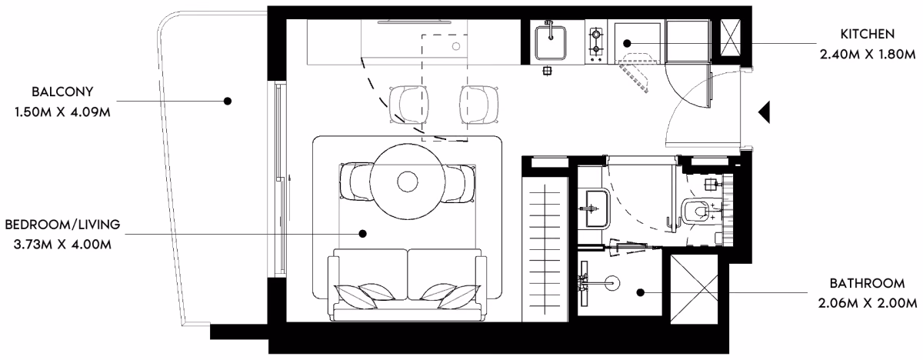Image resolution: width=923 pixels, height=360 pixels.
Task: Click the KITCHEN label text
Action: [x=868, y=34]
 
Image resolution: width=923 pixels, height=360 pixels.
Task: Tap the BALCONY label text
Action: [x=62, y=92]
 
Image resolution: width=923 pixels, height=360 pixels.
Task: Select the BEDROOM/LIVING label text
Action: [x=62, y=225]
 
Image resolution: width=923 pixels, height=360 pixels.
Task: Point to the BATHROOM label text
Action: [x=868, y=284]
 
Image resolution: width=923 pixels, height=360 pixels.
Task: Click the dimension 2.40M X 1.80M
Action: [x=868, y=55]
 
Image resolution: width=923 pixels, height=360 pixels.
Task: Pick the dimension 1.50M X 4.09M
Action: [x=62, y=112]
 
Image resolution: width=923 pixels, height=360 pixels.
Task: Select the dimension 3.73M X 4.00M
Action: [x=62, y=245]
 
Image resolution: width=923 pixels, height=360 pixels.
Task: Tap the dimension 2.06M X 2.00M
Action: [x=868, y=304]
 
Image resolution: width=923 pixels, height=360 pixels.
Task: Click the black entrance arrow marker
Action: [x=765, y=112]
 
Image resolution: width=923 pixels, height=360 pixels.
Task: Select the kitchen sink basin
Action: [x=551, y=42]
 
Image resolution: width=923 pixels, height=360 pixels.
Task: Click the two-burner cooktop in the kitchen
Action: [x=596, y=42]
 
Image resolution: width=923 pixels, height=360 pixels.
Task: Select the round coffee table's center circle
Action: [x=408, y=182]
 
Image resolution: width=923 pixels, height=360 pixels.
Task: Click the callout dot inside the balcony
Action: [x=228, y=101]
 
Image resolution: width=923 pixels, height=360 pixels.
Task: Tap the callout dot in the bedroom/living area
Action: [x=362, y=234]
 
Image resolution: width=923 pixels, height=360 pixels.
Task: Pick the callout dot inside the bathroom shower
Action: [x=640, y=293]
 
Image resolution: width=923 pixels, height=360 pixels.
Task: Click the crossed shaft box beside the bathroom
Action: [x=695, y=288]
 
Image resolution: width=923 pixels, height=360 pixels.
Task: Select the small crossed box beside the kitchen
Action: [x=731, y=37]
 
